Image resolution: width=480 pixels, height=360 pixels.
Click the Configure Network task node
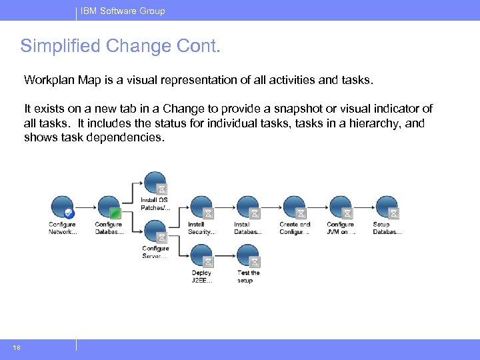click(x=62, y=207)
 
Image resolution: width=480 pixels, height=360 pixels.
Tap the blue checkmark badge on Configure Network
click(x=69, y=213)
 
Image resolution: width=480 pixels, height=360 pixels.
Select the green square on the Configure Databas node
click(x=116, y=213)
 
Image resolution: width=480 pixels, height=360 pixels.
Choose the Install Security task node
click(x=201, y=207)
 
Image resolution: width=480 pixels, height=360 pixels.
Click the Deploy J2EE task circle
click(x=201, y=255)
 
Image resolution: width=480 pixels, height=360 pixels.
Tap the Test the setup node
click(x=247, y=255)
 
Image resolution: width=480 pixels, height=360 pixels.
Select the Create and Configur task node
click(x=294, y=207)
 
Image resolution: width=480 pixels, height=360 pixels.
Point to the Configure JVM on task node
click(x=340, y=207)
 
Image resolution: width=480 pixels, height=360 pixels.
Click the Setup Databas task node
click(x=387, y=207)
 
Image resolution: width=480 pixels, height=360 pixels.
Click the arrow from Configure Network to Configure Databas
click(x=85, y=207)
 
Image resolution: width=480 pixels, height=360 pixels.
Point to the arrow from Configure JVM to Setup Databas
click(x=363, y=207)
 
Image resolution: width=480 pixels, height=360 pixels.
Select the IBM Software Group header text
click(x=123, y=11)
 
